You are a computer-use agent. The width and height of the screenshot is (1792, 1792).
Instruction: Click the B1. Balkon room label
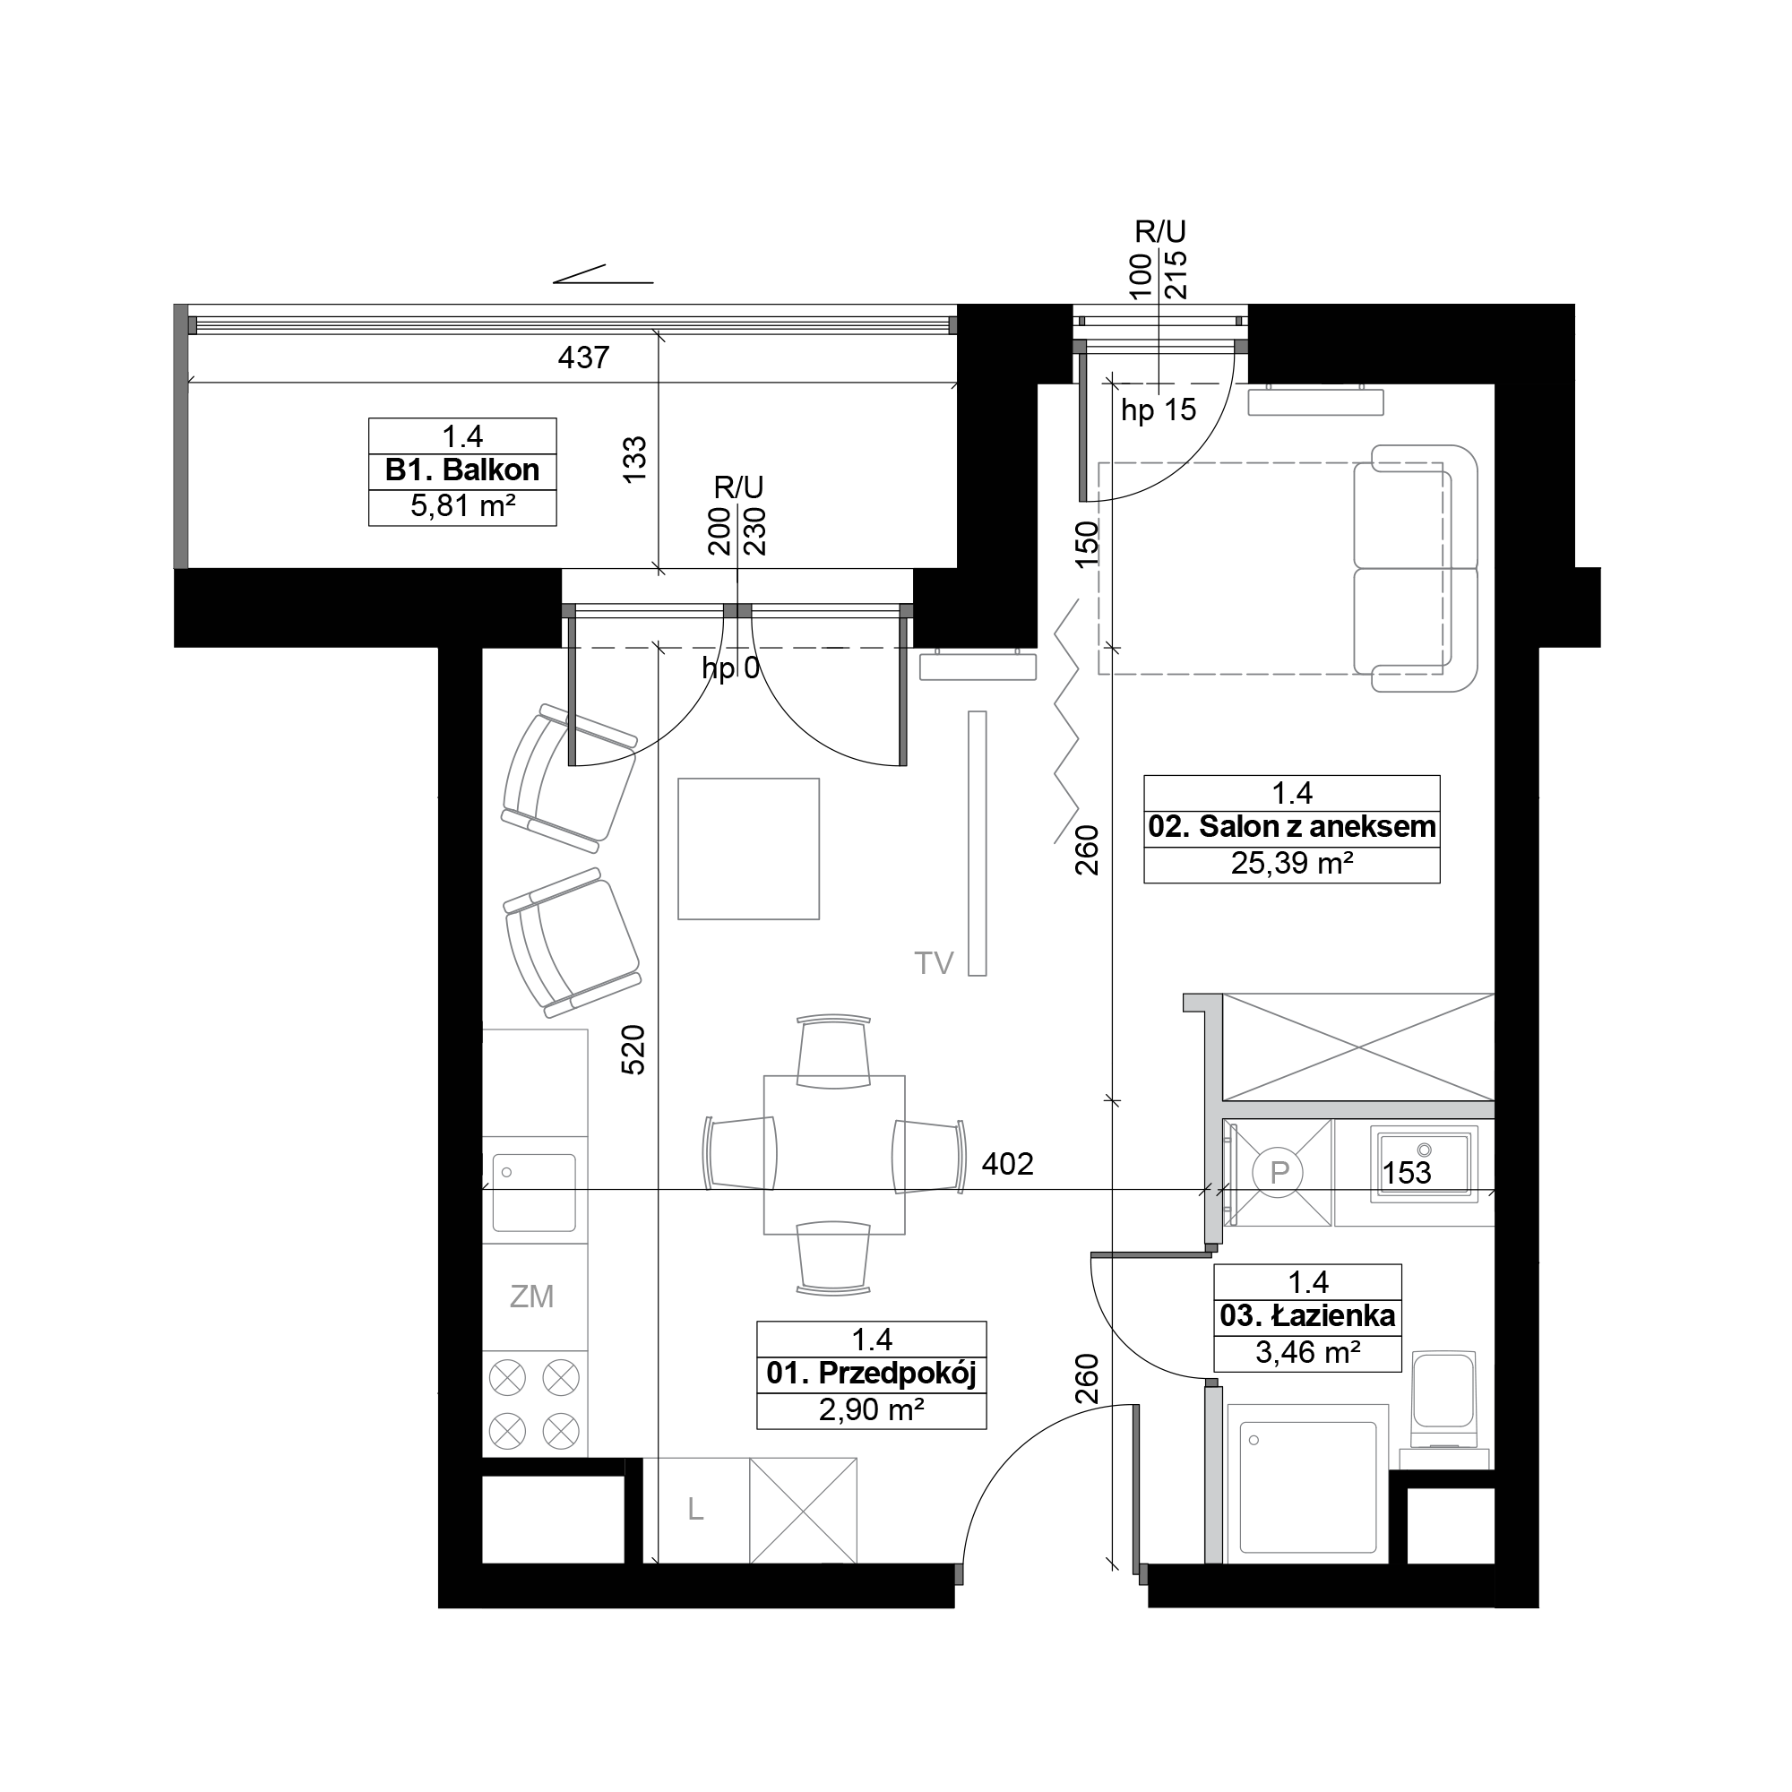462,470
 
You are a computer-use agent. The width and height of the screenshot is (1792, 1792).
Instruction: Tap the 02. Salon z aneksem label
1292,826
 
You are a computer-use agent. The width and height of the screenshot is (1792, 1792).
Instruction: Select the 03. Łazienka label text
1308,1315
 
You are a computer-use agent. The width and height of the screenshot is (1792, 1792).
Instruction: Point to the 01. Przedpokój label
871,1373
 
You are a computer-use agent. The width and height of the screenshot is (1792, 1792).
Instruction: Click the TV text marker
934,964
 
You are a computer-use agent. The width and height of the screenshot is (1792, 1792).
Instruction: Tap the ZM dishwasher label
531,1297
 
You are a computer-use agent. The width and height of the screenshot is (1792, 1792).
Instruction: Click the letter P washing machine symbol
1279,1174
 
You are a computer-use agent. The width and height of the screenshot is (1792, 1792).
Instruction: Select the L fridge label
695,1510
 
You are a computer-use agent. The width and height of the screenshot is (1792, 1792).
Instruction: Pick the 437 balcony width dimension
583,358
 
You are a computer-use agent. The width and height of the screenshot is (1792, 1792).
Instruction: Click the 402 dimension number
1007,1163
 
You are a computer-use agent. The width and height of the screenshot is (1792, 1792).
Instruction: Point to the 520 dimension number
633,1049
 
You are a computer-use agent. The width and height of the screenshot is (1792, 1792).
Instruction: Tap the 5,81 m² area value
462,506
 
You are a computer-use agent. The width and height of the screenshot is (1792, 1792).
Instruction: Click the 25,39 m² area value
1292,864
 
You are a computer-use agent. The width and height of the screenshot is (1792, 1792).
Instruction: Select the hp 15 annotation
1159,409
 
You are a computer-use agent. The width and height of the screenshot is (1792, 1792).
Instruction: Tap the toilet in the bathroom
1443,1401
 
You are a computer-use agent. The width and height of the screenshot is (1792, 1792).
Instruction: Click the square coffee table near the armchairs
748,849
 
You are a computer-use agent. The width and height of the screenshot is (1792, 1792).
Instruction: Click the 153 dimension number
1407,1174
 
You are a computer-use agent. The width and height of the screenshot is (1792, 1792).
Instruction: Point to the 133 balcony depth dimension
634,459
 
